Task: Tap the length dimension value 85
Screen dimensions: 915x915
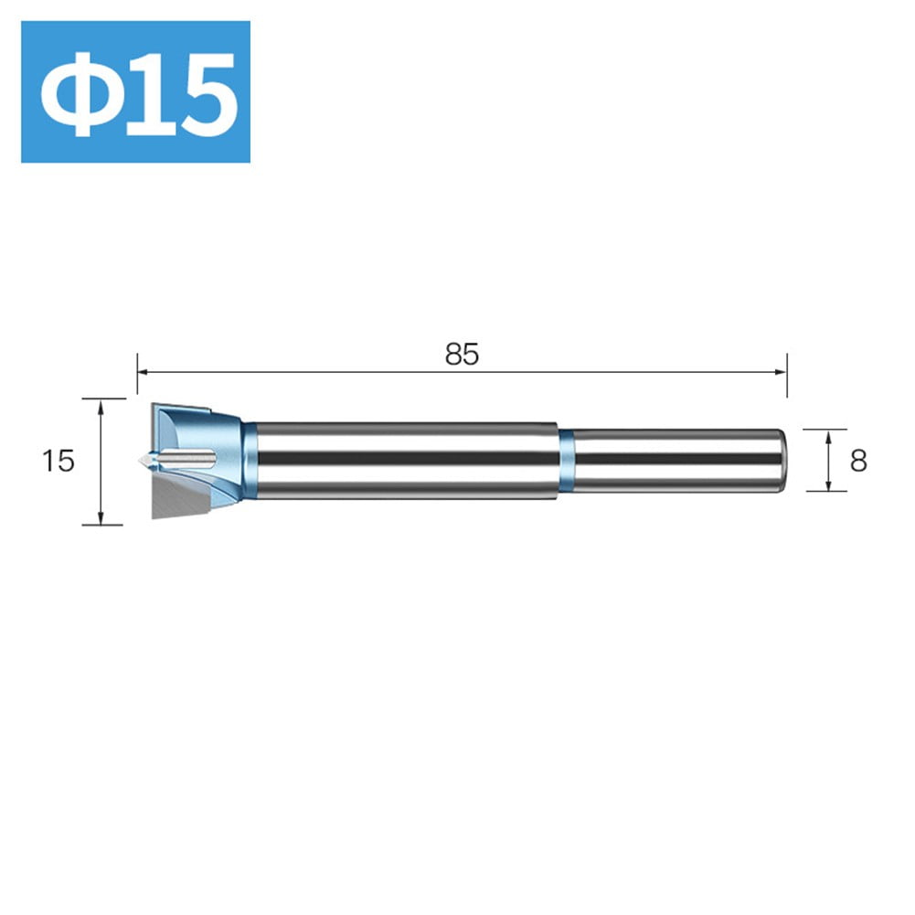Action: point(462,355)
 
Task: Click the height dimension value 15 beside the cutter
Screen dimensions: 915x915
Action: point(58,462)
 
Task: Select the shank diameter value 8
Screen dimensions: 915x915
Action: point(857,462)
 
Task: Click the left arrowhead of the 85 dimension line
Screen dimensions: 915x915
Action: point(144,371)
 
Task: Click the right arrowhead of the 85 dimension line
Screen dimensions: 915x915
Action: point(781,371)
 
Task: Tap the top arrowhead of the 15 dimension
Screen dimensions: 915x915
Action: point(103,405)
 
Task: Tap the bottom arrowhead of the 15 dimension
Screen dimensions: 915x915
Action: point(103,518)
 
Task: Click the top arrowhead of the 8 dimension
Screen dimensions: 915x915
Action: point(827,435)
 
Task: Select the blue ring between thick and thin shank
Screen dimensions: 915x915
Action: point(566,462)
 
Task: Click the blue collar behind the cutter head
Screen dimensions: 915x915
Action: point(250,460)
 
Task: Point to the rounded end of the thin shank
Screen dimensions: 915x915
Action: point(781,461)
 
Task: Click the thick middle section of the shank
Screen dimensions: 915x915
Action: point(407,461)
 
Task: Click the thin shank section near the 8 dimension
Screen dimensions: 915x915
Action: point(676,461)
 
